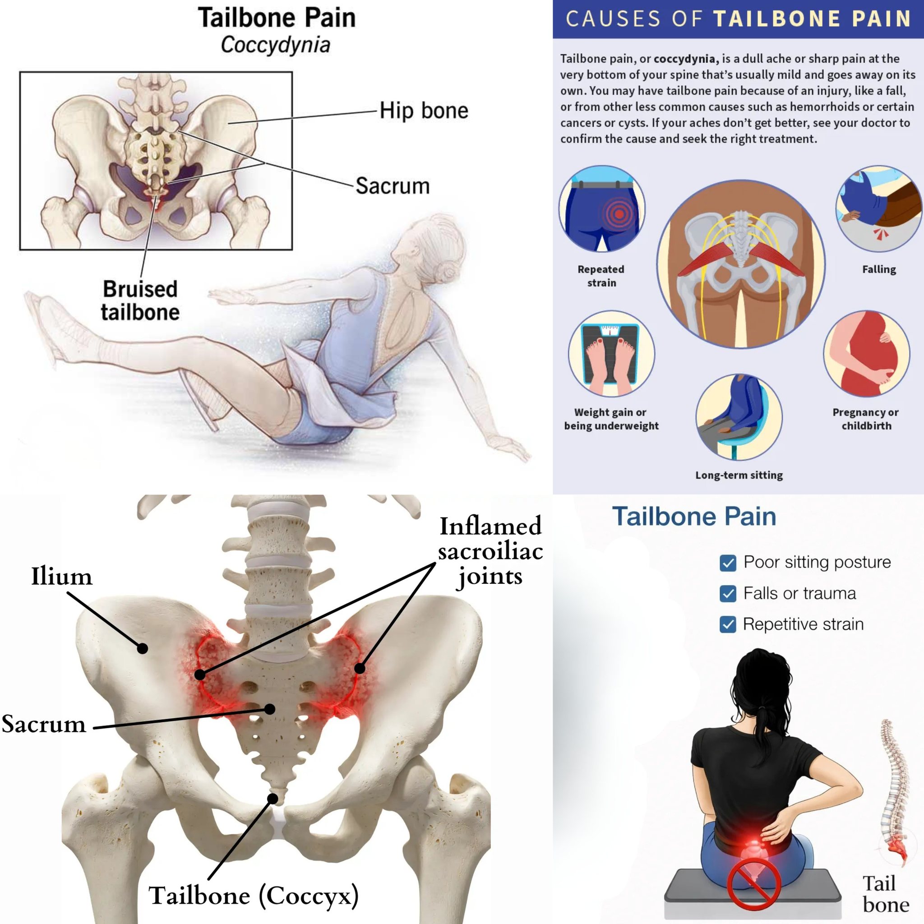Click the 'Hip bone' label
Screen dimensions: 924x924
(424, 111)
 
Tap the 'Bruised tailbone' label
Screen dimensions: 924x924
(140, 300)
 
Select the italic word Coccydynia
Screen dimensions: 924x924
(276, 45)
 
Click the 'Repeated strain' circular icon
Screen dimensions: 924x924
(602, 209)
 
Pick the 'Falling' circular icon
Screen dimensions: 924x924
(879, 209)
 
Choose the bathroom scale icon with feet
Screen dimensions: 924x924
(611, 354)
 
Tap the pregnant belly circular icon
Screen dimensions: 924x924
(867, 354)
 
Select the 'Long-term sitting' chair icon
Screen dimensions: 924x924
(739, 417)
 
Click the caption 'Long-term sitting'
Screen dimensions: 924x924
(739, 475)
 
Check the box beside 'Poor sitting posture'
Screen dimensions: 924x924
(728, 564)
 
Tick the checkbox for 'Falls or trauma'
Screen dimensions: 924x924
(728, 594)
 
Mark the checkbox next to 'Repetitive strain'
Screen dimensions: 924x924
(728, 624)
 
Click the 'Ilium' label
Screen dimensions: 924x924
(62, 576)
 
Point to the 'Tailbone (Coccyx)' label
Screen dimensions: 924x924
(254, 895)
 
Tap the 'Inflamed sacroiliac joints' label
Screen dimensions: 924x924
(491, 551)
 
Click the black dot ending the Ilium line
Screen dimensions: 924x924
(142, 648)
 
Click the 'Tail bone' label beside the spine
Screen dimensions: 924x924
(886, 893)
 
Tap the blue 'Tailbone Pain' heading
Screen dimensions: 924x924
(694, 517)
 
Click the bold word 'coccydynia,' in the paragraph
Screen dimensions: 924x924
(686, 59)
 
